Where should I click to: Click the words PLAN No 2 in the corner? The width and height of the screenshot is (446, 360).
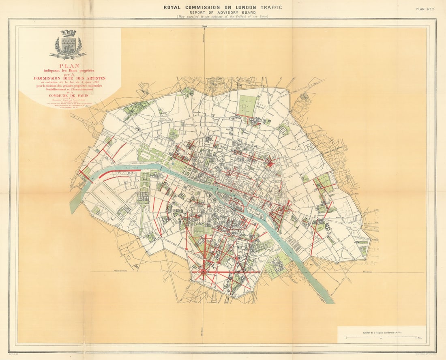tap(425, 9)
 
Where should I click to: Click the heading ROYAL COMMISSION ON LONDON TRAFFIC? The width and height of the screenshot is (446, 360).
tap(223, 7)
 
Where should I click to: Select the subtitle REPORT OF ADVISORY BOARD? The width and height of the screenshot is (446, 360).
tap(223, 12)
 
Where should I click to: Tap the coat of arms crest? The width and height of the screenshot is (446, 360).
tap(68, 45)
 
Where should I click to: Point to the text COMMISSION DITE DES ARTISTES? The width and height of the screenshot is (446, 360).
tap(69, 78)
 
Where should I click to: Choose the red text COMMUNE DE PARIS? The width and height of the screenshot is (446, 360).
tap(69, 96)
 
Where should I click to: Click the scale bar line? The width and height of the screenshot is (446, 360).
tap(381, 337)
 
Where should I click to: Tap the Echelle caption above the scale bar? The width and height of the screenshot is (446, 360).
tap(381, 332)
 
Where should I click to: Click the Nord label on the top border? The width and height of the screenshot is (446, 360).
tap(204, 27)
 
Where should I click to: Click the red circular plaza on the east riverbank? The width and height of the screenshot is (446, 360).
tap(286, 208)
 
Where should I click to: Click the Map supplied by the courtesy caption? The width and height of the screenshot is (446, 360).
tap(223, 17)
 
